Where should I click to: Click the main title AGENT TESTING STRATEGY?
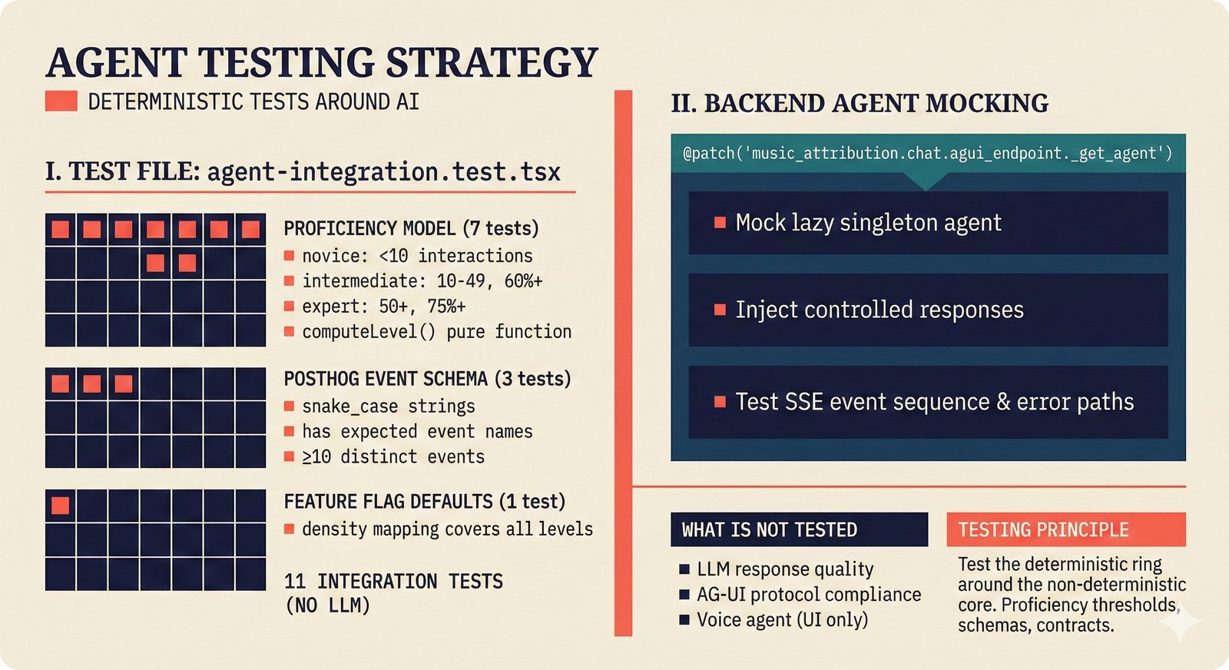point(321,63)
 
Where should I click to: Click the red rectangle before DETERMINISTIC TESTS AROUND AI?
point(61,101)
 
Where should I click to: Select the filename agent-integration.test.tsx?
point(383,171)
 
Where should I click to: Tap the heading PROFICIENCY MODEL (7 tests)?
point(411,228)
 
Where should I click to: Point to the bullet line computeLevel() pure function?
point(436,332)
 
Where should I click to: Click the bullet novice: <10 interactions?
point(416,256)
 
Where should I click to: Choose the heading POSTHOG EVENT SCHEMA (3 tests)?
point(427,379)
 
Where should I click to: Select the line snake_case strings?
point(388,406)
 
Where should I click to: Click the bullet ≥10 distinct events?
point(393,456)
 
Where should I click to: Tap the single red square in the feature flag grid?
point(60,505)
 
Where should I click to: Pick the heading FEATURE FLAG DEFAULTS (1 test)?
point(424,502)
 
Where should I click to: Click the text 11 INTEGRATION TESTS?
point(393,581)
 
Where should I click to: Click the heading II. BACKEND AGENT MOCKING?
point(859,103)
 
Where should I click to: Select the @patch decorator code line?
point(927,153)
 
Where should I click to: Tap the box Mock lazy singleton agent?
point(927,223)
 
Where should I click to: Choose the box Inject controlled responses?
point(927,310)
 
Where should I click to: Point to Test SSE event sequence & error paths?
point(933,402)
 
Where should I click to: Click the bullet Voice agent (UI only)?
point(781,619)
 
